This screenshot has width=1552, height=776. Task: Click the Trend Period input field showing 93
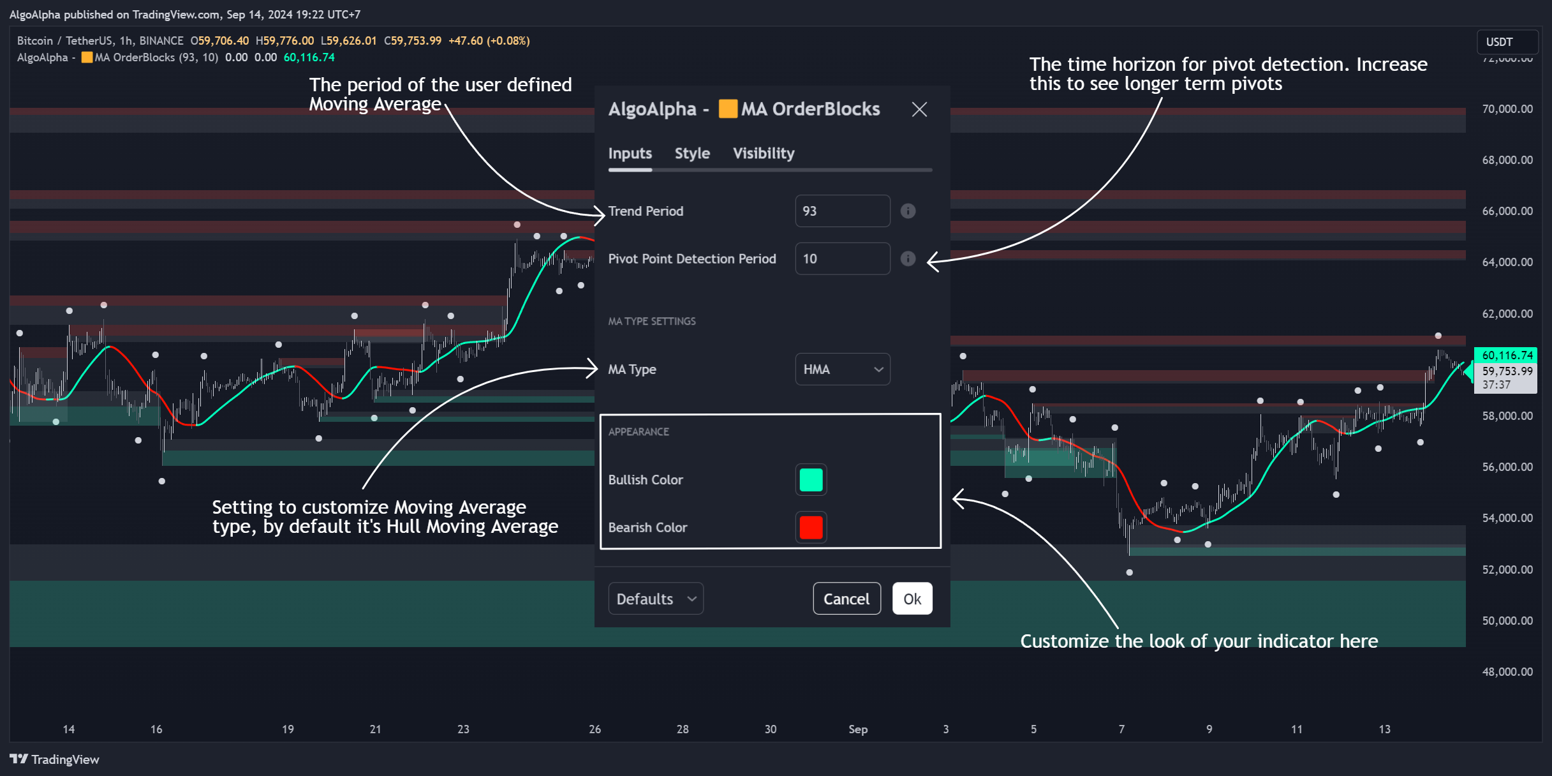[x=842, y=211]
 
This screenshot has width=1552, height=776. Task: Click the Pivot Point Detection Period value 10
[x=842, y=259]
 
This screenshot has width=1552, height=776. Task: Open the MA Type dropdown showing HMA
[x=842, y=369]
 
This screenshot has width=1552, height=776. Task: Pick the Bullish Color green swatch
[x=811, y=480]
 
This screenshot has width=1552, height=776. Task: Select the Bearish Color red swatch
[x=811, y=528]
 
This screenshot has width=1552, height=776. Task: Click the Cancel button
[x=846, y=599]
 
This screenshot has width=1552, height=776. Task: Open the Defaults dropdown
[x=656, y=599]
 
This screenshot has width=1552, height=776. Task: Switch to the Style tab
[x=692, y=154]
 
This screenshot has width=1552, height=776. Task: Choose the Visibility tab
[x=764, y=154]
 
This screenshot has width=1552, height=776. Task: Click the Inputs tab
[x=630, y=154]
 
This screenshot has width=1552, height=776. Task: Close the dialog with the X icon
[x=919, y=110]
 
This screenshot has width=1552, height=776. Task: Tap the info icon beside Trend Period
[x=908, y=211]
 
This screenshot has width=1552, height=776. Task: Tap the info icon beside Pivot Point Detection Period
[x=908, y=259]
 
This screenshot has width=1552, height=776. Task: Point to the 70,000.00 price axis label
[x=1507, y=109]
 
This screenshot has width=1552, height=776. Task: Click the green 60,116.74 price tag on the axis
[x=1507, y=355]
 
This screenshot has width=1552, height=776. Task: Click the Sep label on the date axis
[x=858, y=729]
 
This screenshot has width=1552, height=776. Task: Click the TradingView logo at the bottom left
[x=55, y=759]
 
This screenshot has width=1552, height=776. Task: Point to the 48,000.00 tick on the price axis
[x=1507, y=672]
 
